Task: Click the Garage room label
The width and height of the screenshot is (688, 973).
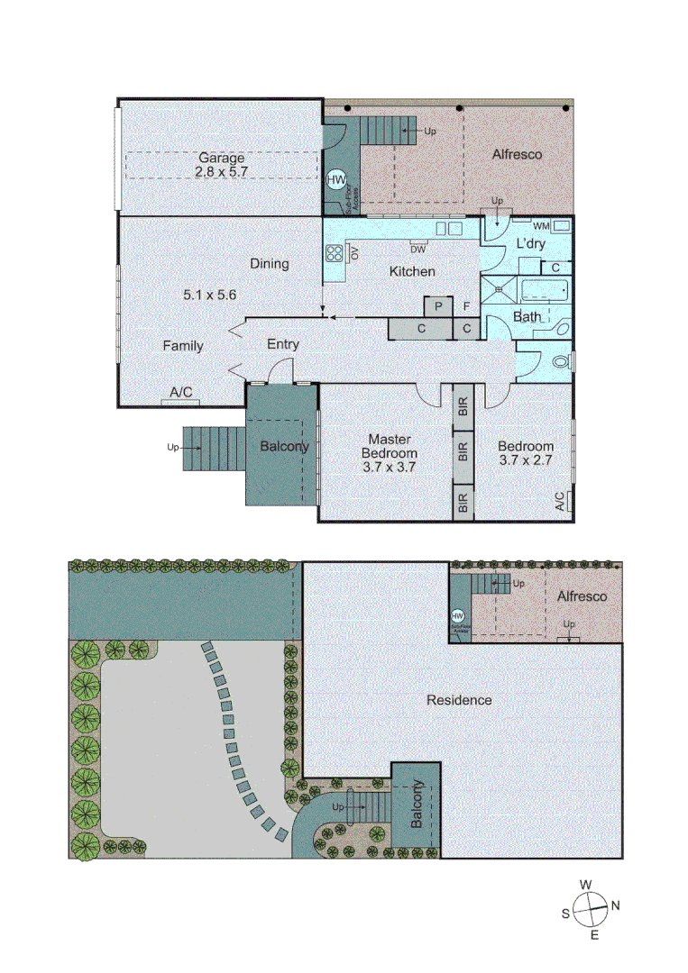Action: coord(221,158)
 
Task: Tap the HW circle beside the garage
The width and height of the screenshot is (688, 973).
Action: coord(336,180)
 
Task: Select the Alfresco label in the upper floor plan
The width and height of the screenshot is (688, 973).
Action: coord(517,154)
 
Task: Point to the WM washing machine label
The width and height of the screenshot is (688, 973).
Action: coord(541,225)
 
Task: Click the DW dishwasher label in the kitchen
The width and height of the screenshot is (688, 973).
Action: coord(418,246)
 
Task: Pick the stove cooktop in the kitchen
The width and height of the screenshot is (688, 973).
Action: coord(334,253)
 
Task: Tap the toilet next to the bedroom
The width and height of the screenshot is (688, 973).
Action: coord(561,363)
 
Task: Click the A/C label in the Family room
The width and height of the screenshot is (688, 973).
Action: coord(181,392)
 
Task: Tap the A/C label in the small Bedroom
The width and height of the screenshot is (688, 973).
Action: coord(560,502)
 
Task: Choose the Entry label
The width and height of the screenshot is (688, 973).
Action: coord(283,344)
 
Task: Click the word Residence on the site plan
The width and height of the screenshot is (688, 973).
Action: coord(459,700)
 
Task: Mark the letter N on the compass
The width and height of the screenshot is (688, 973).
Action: coord(617,905)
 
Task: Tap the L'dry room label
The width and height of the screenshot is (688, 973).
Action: coord(529,244)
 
